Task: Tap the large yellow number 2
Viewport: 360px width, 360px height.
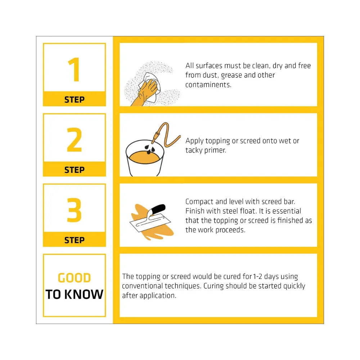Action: tap(74, 140)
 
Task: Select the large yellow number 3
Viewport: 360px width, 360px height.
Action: tap(74, 210)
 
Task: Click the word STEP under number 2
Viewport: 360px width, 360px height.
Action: tap(75, 170)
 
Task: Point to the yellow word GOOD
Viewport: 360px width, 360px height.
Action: tap(75, 278)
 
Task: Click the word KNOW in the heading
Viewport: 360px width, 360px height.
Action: tap(84, 294)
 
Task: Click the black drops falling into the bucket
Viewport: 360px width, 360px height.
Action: tap(149, 149)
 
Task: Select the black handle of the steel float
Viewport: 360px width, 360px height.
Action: tap(158, 208)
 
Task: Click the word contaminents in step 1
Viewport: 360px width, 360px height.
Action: tap(208, 85)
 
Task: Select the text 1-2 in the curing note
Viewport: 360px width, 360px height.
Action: tap(258, 276)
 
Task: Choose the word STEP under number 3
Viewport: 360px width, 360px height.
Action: tap(75, 240)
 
